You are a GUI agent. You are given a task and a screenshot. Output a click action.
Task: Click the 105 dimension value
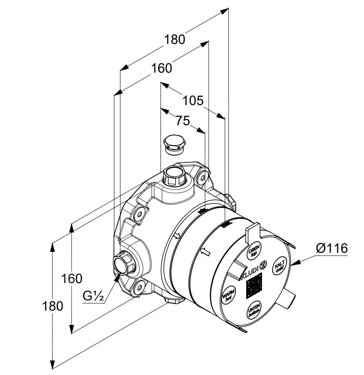[192, 100]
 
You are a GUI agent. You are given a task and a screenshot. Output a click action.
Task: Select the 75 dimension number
[183, 121]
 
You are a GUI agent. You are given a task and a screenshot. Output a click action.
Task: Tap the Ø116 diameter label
[332, 248]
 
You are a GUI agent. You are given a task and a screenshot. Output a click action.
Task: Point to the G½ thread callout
[93, 295]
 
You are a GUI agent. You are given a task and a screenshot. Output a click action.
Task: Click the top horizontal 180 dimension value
[175, 39]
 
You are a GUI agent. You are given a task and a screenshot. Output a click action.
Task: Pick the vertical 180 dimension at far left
[52, 306]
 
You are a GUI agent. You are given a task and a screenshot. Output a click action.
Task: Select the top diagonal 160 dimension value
[161, 68]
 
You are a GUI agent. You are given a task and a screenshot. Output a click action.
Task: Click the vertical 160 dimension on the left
[72, 279]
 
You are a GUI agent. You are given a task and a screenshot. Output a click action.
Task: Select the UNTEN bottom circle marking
[253, 311]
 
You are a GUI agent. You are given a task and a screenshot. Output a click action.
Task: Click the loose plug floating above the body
[174, 144]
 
